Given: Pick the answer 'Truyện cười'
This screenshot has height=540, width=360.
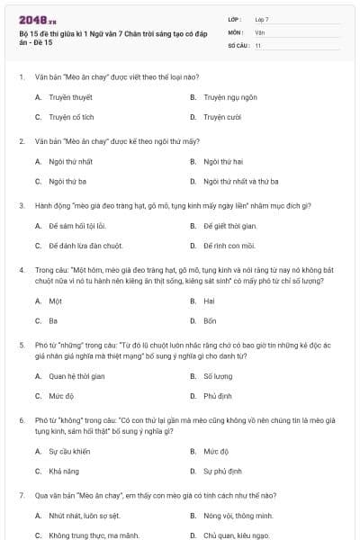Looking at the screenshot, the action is tap(221, 117).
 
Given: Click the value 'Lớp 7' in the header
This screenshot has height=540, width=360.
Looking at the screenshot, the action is tap(262, 19).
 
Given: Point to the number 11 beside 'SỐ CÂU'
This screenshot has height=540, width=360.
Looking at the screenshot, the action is tap(257, 44).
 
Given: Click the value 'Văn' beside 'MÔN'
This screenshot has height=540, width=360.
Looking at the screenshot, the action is tap(259, 31).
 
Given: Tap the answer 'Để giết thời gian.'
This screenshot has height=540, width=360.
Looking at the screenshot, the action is tap(230, 225).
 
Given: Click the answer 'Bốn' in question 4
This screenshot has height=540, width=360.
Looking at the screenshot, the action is tap(210, 320).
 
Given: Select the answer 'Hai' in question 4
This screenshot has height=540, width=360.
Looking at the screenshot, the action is tap(209, 301).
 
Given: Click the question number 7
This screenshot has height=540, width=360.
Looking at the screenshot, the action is tap(21, 496).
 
